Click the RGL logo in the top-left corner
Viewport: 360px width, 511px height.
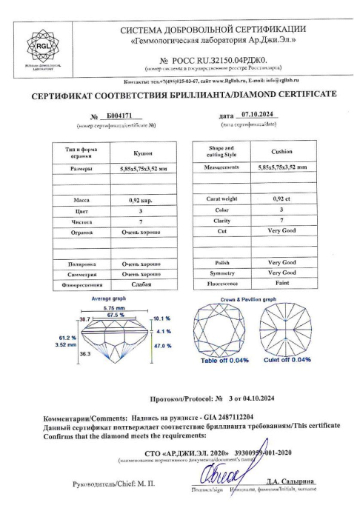(41, 47)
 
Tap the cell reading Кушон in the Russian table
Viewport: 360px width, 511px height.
(142, 153)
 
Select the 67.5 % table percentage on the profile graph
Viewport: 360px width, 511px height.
(113, 314)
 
